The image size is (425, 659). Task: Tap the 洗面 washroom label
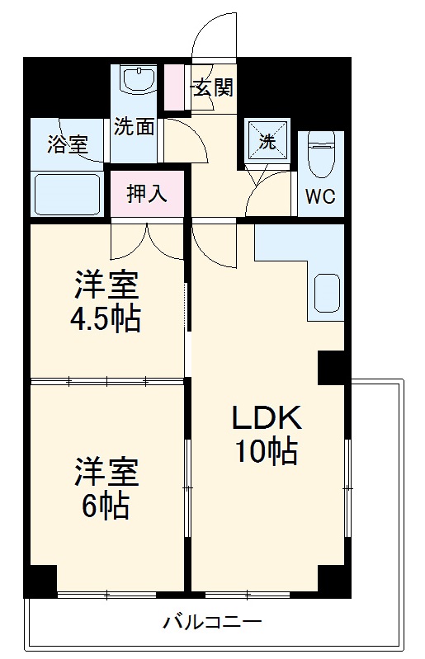click(x=134, y=127)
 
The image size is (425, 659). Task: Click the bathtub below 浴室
click(x=68, y=193)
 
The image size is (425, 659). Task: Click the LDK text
click(x=266, y=418)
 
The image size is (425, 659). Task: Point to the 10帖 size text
click(x=266, y=453)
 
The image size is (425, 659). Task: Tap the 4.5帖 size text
click(x=106, y=318)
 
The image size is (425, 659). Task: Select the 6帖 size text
click(x=106, y=506)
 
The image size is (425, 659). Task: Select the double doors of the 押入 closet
click(x=148, y=241)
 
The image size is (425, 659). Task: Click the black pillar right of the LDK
click(x=333, y=368)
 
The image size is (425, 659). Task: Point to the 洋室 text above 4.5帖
click(x=106, y=285)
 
